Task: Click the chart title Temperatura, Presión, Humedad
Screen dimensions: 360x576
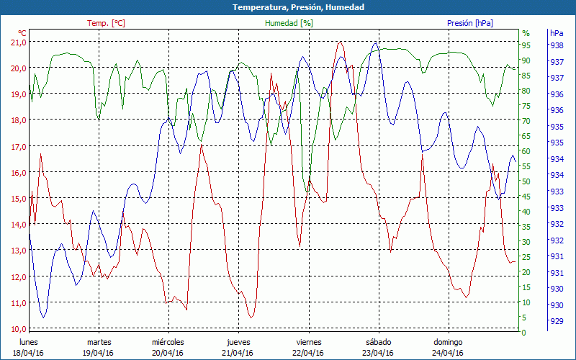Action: (288, 7)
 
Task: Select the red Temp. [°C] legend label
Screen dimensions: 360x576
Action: (106, 23)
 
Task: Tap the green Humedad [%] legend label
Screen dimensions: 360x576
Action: (289, 23)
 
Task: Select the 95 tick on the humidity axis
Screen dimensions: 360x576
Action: (526, 45)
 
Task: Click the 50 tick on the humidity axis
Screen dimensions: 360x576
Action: (526, 181)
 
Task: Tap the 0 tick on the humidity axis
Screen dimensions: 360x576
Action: (524, 332)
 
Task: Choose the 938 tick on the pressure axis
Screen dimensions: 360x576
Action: (557, 45)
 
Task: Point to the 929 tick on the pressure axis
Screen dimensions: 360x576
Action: (557, 321)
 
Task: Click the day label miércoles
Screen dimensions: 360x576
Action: (168, 342)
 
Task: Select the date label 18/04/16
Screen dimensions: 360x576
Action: (28, 353)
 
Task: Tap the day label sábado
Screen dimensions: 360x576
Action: (378, 342)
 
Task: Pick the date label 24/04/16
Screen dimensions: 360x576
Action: (448, 353)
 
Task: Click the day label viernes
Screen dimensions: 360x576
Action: (308, 342)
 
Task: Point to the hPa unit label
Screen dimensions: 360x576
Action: (557, 33)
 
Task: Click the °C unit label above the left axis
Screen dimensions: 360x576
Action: (22, 33)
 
